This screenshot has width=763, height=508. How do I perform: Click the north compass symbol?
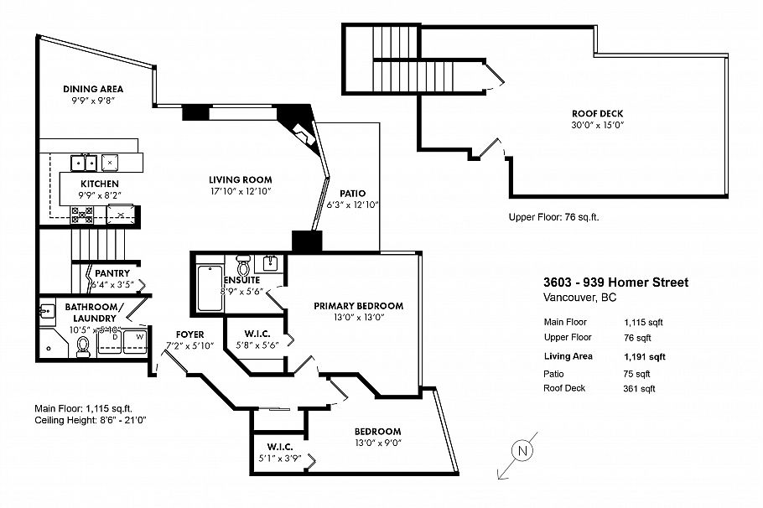click(x=522, y=450)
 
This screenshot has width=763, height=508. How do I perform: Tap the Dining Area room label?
click(x=93, y=89)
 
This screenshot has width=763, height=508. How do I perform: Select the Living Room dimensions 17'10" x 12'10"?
click(x=240, y=191)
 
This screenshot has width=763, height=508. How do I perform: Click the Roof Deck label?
click(x=598, y=113)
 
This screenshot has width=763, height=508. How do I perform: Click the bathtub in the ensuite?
click(x=209, y=288)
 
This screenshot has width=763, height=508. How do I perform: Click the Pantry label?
click(x=111, y=273)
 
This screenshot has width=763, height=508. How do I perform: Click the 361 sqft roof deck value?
click(x=639, y=388)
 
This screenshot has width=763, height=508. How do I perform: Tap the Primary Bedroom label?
click(x=358, y=306)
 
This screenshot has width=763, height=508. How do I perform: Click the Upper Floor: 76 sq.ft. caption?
click(x=553, y=217)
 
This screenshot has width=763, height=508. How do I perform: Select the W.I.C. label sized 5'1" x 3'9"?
click(x=278, y=446)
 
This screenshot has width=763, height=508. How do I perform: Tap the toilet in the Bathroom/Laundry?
click(x=84, y=345)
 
